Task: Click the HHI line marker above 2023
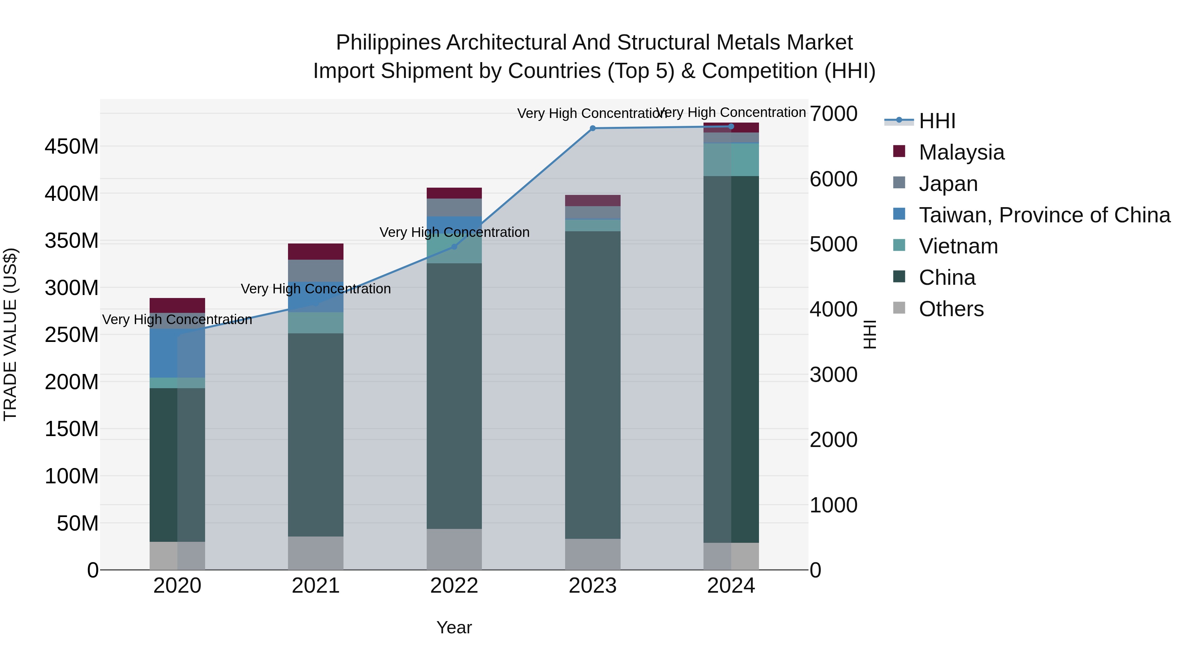click(x=593, y=129)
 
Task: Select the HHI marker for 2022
click(x=454, y=247)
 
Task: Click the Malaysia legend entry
click(x=961, y=152)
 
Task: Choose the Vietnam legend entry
click(x=958, y=246)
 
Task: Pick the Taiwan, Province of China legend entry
click(x=1044, y=215)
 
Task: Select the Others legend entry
click(x=951, y=309)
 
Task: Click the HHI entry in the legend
click(x=937, y=121)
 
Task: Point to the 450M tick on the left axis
click(x=72, y=147)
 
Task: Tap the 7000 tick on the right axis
click(x=833, y=114)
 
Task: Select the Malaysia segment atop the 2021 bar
click(x=316, y=252)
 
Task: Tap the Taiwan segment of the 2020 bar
click(x=177, y=353)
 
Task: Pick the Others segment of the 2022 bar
click(x=454, y=549)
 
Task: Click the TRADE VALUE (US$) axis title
click(x=10, y=334)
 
